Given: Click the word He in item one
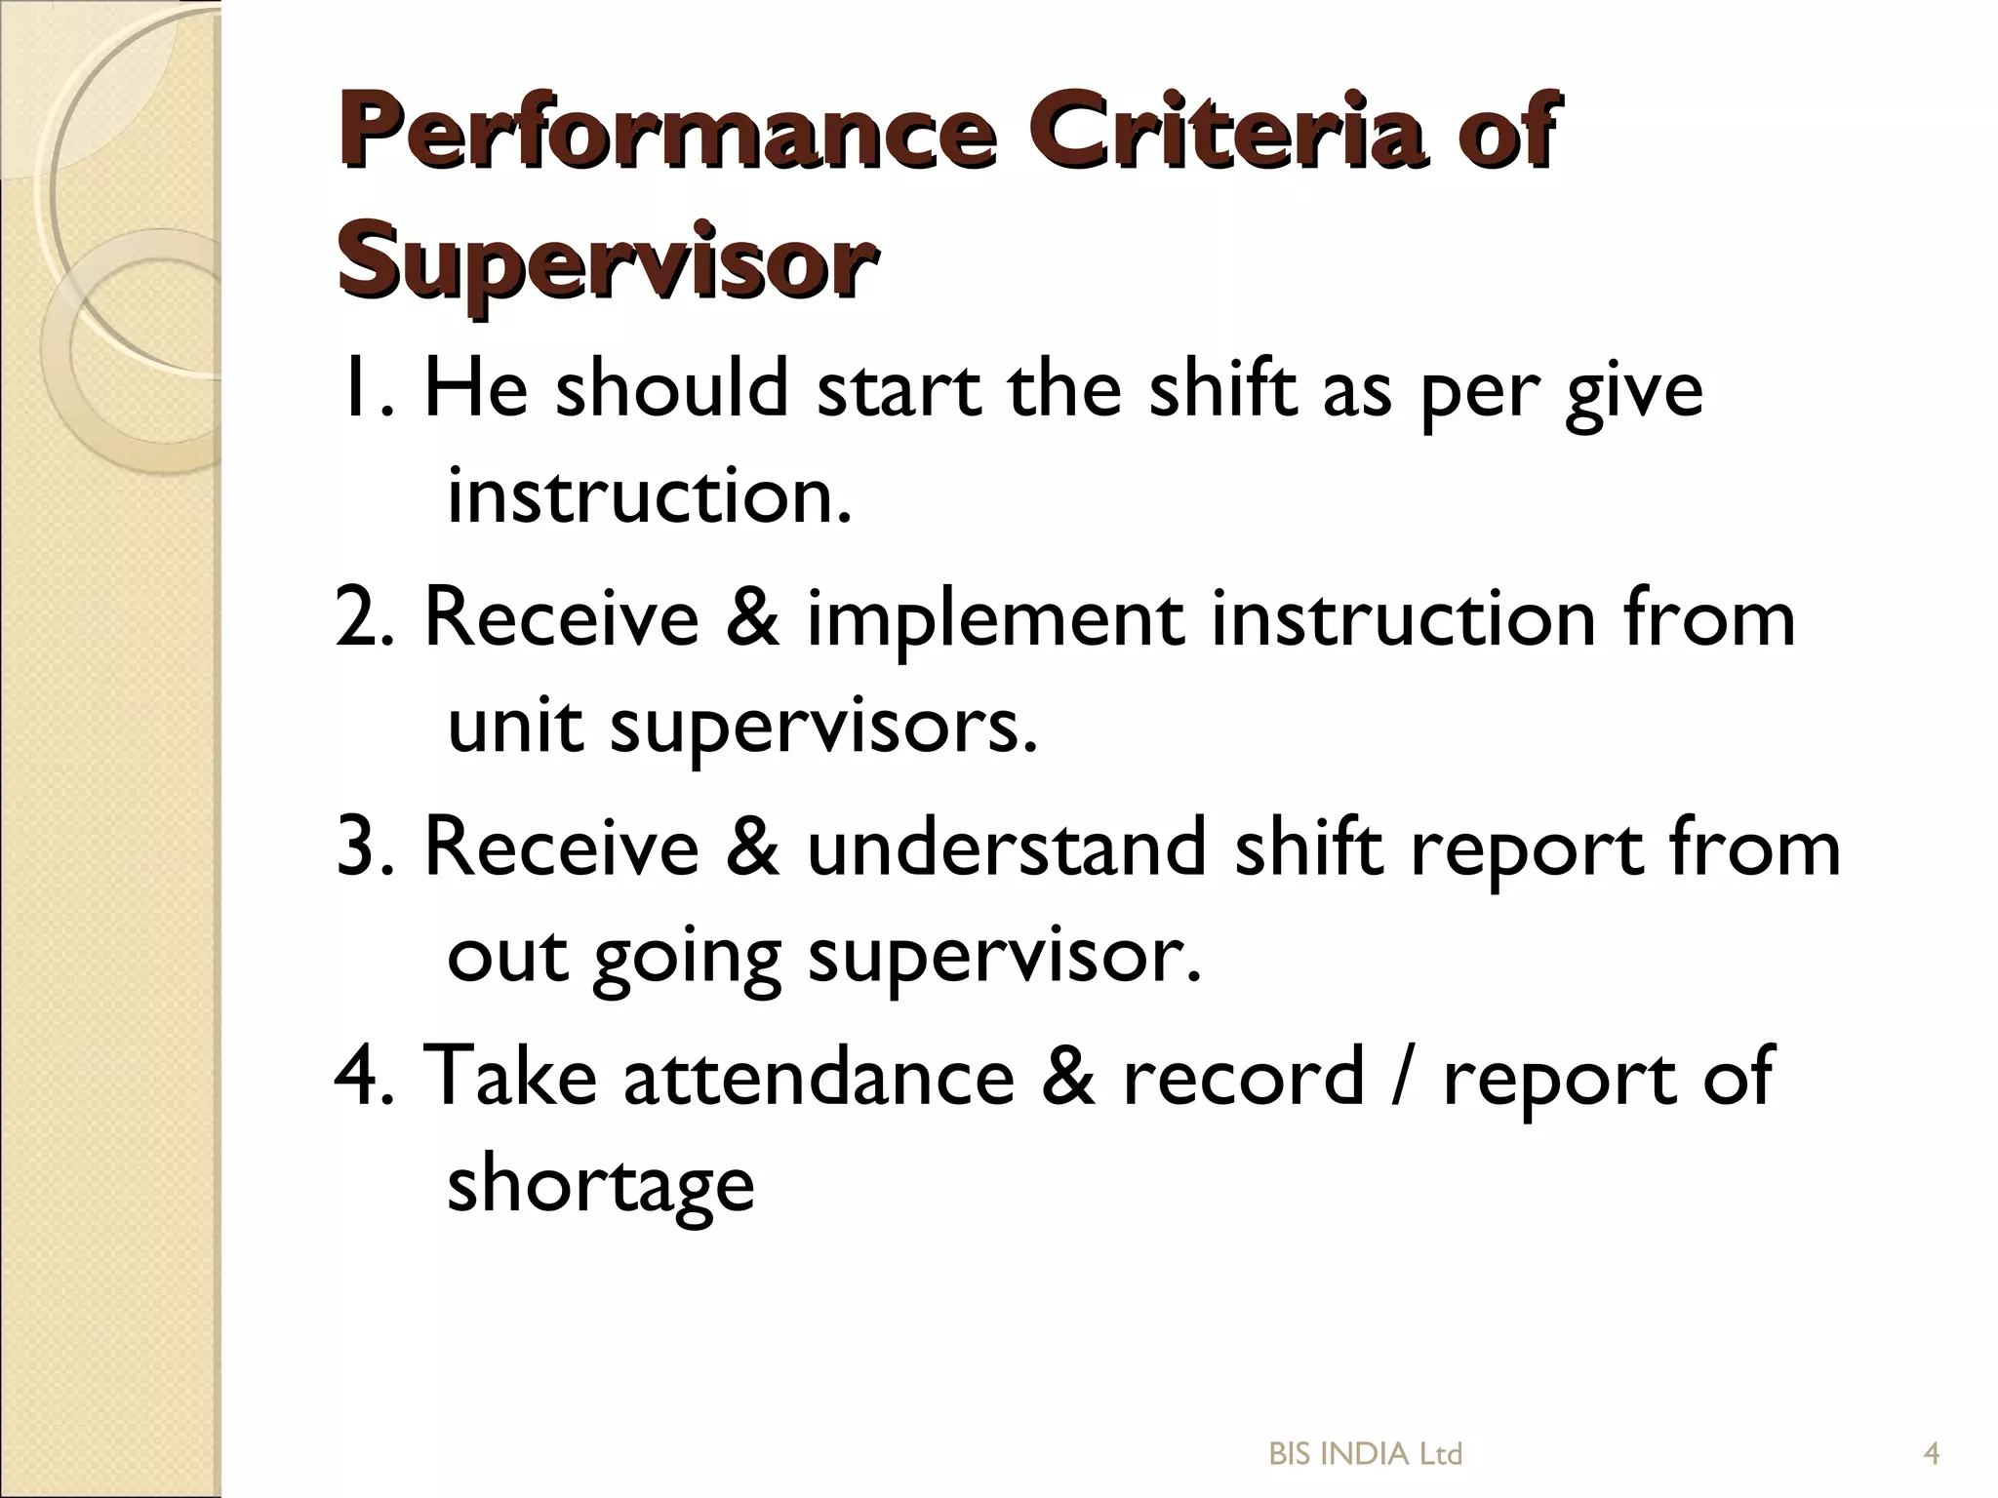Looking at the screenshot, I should pyautogui.click(x=475, y=389).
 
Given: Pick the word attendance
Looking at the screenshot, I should pyautogui.click(x=819, y=1076).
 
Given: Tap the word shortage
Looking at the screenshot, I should pyautogui.click(x=601, y=1186).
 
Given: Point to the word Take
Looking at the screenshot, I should pyautogui.click(x=512, y=1076).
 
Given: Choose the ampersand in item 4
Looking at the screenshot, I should pyautogui.click(x=1068, y=1076).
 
